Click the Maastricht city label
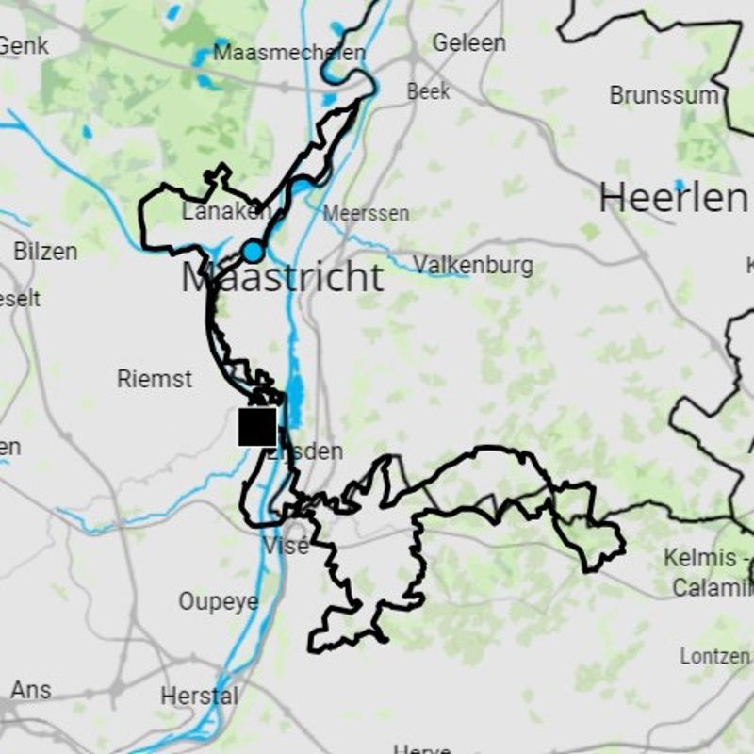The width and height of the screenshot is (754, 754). click(283, 278)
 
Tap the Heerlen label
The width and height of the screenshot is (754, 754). click(671, 198)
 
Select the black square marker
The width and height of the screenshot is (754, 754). click(257, 426)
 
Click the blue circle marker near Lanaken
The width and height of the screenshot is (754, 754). click(253, 252)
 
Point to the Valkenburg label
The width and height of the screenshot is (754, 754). click(473, 266)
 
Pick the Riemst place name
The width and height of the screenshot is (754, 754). click(155, 379)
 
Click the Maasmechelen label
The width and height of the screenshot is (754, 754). click(288, 53)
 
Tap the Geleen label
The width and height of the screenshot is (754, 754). click(468, 42)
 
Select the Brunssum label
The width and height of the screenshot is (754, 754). click(664, 95)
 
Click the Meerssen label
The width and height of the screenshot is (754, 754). click(367, 214)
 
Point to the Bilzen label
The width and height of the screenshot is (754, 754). click(45, 252)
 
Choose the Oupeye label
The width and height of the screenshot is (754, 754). click(218, 601)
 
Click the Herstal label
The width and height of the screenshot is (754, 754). click(199, 697)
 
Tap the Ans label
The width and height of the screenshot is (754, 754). click(31, 689)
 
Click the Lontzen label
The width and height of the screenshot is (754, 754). click(714, 655)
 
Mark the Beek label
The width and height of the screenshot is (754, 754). click(429, 92)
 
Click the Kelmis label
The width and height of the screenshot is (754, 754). click(699, 557)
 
